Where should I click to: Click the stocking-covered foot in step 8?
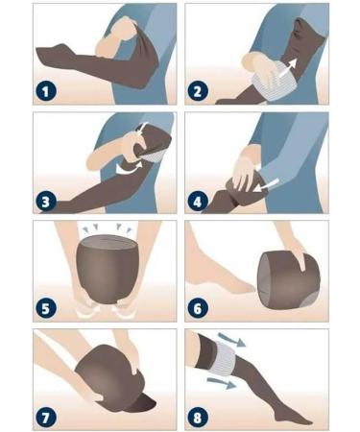292,416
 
